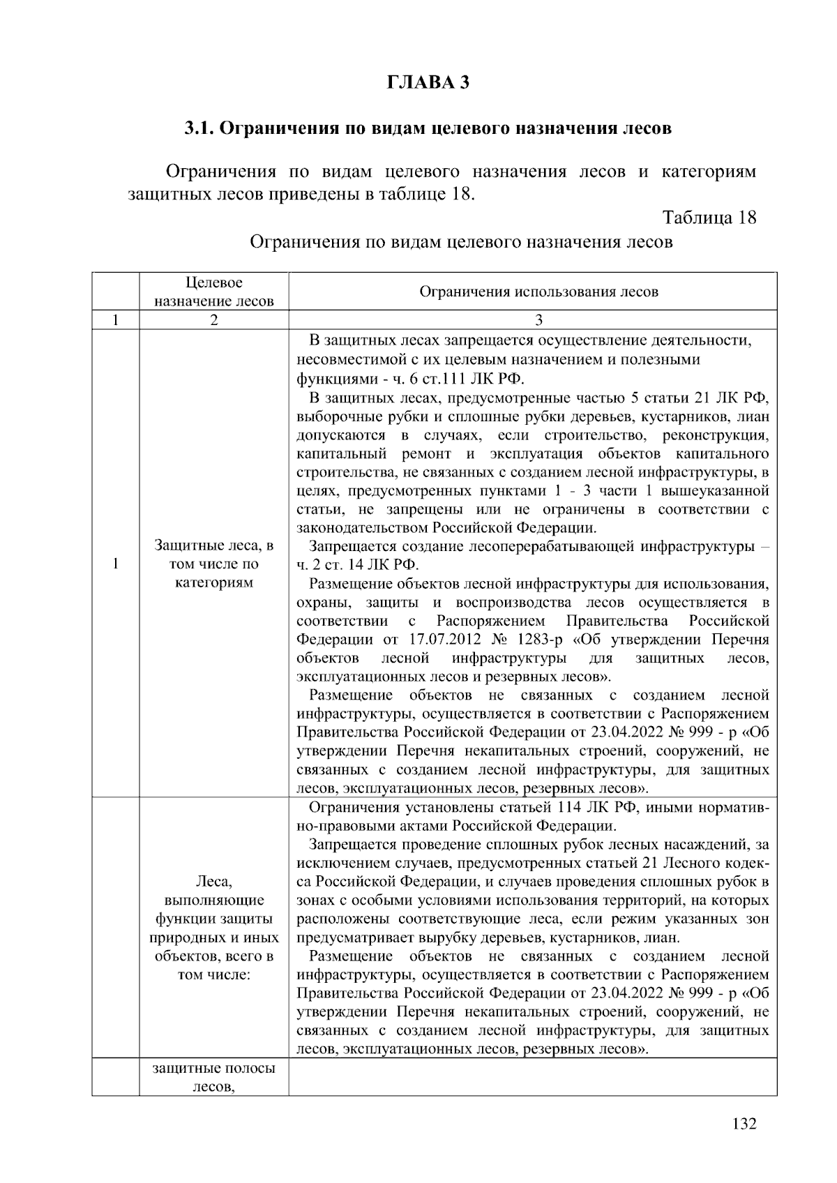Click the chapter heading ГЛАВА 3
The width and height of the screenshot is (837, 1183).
[x=428, y=82]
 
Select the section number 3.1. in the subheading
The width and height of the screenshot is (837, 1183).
[x=202, y=128]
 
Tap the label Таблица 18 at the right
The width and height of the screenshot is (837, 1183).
[x=709, y=217]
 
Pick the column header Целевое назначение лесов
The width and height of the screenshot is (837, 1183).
[x=214, y=292]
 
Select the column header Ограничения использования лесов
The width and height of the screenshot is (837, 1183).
[x=538, y=292]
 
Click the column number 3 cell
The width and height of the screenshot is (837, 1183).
[x=538, y=320]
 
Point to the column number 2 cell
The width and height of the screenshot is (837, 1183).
[x=214, y=320]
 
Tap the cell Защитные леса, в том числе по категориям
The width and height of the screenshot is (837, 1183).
[x=214, y=564]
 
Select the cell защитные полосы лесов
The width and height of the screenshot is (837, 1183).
[x=214, y=1077]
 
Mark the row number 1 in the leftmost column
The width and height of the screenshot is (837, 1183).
[x=115, y=564]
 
